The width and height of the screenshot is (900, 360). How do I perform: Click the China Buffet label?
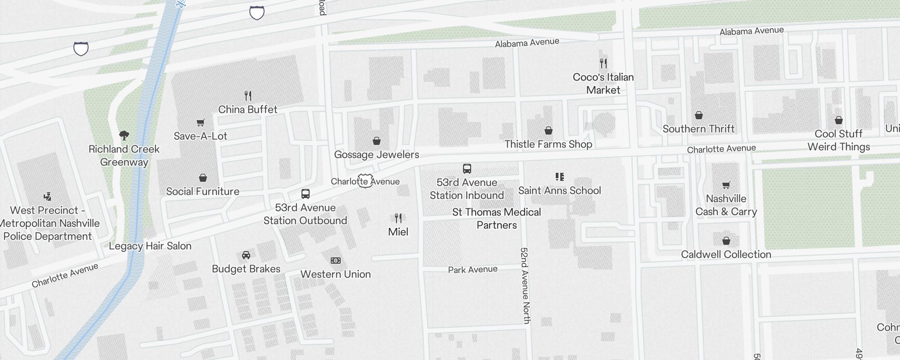click(x=247, y=109)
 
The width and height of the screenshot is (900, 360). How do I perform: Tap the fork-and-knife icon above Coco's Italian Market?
click(x=603, y=63)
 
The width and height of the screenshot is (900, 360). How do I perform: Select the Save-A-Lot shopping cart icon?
click(x=201, y=122)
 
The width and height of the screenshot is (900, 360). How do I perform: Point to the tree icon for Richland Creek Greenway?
click(x=124, y=135)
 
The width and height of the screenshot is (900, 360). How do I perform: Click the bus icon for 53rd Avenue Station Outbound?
click(x=306, y=194)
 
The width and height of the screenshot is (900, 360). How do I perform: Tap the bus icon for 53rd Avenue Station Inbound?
click(x=467, y=169)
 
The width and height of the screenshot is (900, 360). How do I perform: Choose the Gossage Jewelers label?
click(x=377, y=154)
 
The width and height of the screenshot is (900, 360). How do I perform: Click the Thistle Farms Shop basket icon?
click(x=549, y=130)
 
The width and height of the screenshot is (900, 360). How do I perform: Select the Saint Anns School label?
click(x=559, y=190)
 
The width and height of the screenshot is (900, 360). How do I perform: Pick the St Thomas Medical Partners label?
click(x=497, y=218)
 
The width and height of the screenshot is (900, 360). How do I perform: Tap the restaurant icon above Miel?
click(x=398, y=218)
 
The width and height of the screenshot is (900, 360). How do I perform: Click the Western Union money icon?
click(x=336, y=261)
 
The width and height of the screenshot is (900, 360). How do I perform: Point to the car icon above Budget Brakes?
click(x=246, y=255)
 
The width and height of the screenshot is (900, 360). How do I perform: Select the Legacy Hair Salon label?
click(x=150, y=246)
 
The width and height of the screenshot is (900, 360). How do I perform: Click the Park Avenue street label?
click(x=472, y=270)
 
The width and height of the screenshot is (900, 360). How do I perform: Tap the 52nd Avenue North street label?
click(x=525, y=285)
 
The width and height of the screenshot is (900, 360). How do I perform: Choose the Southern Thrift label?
click(x=698, y=129)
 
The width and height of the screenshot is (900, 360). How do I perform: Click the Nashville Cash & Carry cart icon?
click(x=726, y=185)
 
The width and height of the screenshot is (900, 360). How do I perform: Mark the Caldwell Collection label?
click(x=726, y=254)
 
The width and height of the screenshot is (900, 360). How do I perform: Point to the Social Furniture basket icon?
click(x=203, y=178)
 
